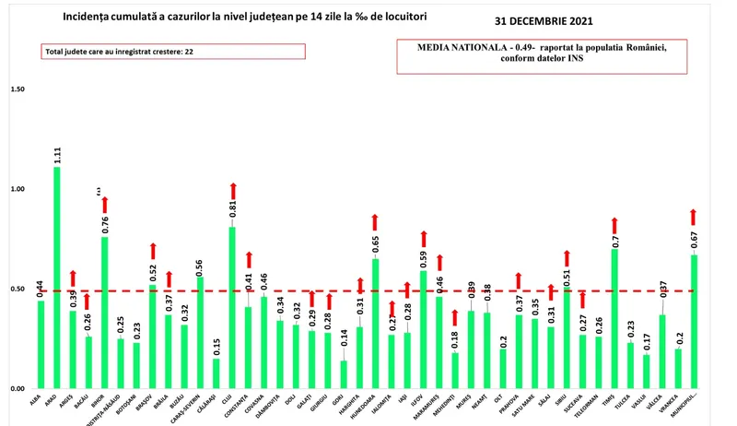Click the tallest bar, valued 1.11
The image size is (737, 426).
[x=57, y=277]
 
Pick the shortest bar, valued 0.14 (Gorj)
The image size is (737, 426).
[x=345, y=373]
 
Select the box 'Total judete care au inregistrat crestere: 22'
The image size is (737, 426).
[x=173, y=52]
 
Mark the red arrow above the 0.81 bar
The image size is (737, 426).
[x=233, y=194]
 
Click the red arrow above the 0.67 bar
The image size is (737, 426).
[x=695, y=218]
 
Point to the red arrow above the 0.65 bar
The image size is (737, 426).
[x=375, y=223]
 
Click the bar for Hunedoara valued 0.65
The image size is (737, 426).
[x=375, y=323]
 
